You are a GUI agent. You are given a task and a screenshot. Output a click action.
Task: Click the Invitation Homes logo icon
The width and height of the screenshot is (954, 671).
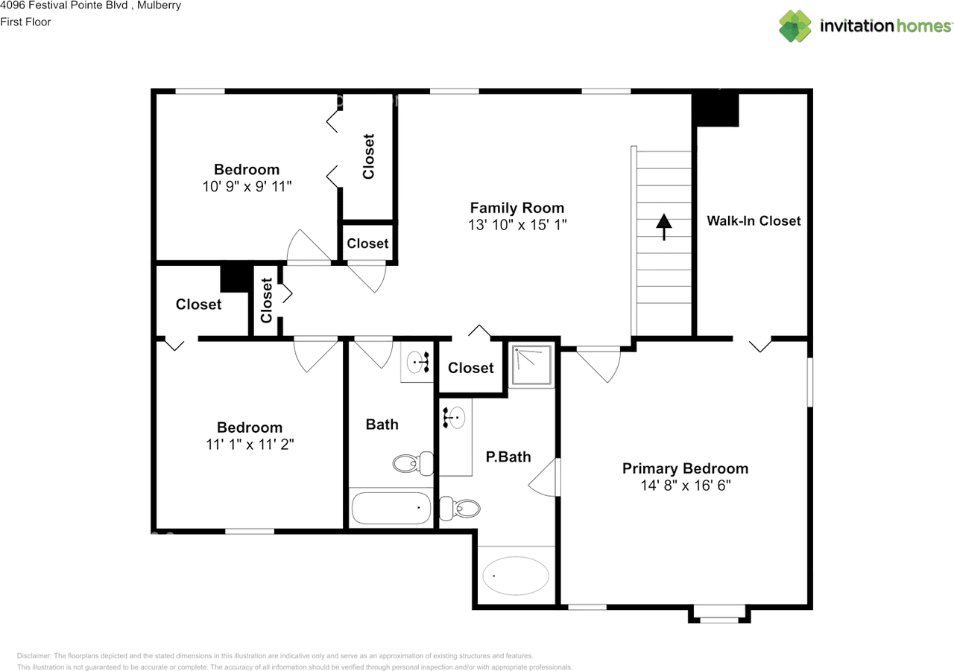click(795, 26)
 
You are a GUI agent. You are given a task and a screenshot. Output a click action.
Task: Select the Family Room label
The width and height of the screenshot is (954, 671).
click(517, 209)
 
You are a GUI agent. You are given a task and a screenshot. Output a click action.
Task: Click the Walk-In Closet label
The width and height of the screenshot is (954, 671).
click(754, 220)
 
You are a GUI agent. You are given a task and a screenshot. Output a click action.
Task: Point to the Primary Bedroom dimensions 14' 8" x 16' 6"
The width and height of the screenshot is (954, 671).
click(685, 486)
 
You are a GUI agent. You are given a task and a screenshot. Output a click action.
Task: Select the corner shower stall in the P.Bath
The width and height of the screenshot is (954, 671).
click(532, 365)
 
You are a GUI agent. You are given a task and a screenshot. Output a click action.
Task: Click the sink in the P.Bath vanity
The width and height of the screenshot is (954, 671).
click(455, 417)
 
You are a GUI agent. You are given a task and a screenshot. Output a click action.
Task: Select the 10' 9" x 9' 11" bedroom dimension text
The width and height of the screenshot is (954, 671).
click(247, 186)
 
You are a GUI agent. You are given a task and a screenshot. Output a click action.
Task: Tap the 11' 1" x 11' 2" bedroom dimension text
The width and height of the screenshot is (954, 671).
click(250, 445)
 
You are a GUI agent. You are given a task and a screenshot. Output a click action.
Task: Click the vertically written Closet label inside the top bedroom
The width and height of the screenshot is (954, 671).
click(368, 156)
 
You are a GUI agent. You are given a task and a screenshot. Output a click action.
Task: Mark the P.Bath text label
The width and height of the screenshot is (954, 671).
click(508, 457)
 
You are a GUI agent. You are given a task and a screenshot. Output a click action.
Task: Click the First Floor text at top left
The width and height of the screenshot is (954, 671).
click(25, 22)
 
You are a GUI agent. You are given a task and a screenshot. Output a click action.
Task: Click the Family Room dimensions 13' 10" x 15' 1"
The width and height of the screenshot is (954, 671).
click(517, 225)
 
